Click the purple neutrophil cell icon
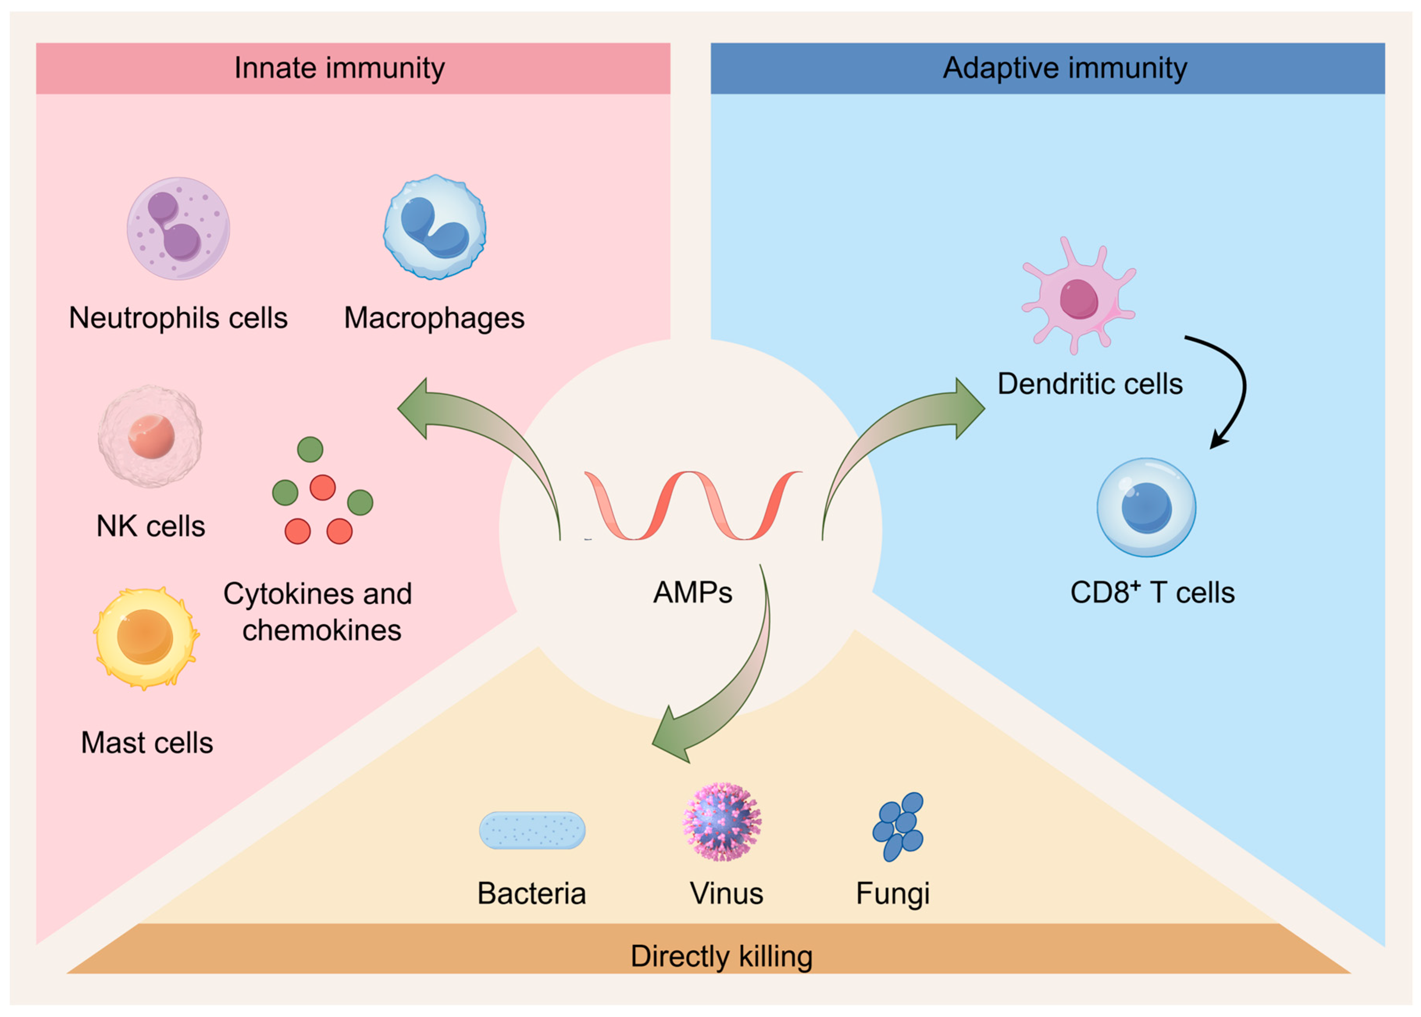(178, 228)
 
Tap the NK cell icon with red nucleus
(150, 437)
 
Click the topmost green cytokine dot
(310, 449)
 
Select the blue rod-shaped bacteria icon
(532, 830)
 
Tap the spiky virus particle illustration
(722, 822)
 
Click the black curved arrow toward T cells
(1236, 388)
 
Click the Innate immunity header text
(339, 68)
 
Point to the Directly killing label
(721, 956)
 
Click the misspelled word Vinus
(726, 893)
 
